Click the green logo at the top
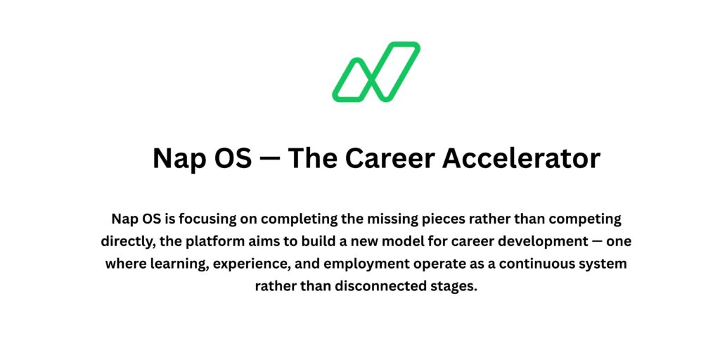pyautogui.click(x=376, y=72)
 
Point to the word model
pyautogui.click(x=399, y=241)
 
